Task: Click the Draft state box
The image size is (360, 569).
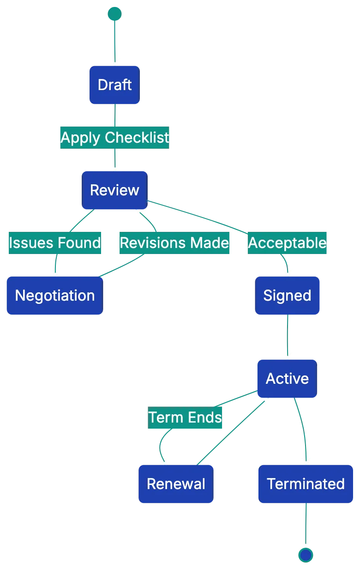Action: [x=114, y=85]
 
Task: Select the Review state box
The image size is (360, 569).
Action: [x=114, y=190]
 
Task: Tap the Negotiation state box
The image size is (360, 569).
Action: [x=54, y=296]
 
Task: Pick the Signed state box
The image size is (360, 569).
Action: [x=287, y=296]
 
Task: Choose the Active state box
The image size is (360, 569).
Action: [x=287, y=379]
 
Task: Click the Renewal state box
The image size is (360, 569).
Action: [x=176, y=484]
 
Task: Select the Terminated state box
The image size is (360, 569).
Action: [x=306, y=484]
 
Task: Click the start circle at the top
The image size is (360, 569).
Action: [x=114, y=14]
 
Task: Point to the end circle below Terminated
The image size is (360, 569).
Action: [x=306, y=554]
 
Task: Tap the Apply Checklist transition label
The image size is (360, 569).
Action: [x=114, y=138]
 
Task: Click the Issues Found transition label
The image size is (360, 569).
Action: [x=54, y=243]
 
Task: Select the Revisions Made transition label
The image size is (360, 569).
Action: [x=174, y=243]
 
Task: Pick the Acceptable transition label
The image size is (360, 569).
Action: [x=287, y=243]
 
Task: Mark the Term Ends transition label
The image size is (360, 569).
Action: [x=185, y=418]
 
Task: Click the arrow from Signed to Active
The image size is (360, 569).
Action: [x=287, y=337]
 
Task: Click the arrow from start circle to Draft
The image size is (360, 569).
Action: [x=114, y=39]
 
